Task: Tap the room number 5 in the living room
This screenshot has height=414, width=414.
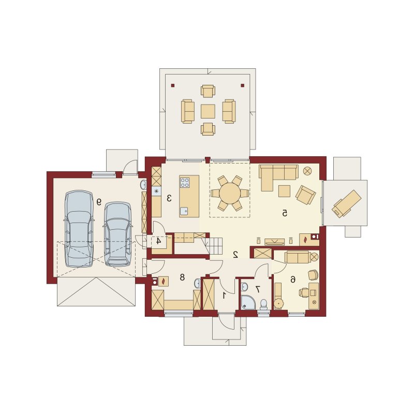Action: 284,213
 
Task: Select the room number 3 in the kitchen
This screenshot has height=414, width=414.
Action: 169,198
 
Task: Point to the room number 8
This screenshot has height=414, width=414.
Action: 182,277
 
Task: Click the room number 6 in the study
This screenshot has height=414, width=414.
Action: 292,279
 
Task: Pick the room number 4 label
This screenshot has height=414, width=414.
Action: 158,241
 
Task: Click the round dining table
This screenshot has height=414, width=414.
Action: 230,193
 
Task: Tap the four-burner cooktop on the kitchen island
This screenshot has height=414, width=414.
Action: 185,183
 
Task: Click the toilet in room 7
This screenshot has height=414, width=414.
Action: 263,305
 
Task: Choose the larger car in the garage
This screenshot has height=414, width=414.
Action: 79,228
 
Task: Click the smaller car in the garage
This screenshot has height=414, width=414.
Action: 117,234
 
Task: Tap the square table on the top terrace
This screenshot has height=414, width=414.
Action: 208,111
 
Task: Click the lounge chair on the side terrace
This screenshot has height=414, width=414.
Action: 346,203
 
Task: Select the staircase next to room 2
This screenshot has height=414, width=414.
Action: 213,245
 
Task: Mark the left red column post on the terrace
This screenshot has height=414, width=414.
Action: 173,85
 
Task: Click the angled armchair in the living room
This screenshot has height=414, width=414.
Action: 305,195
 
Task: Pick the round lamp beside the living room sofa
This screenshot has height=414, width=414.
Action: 307,171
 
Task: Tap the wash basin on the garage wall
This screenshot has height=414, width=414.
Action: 143,185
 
